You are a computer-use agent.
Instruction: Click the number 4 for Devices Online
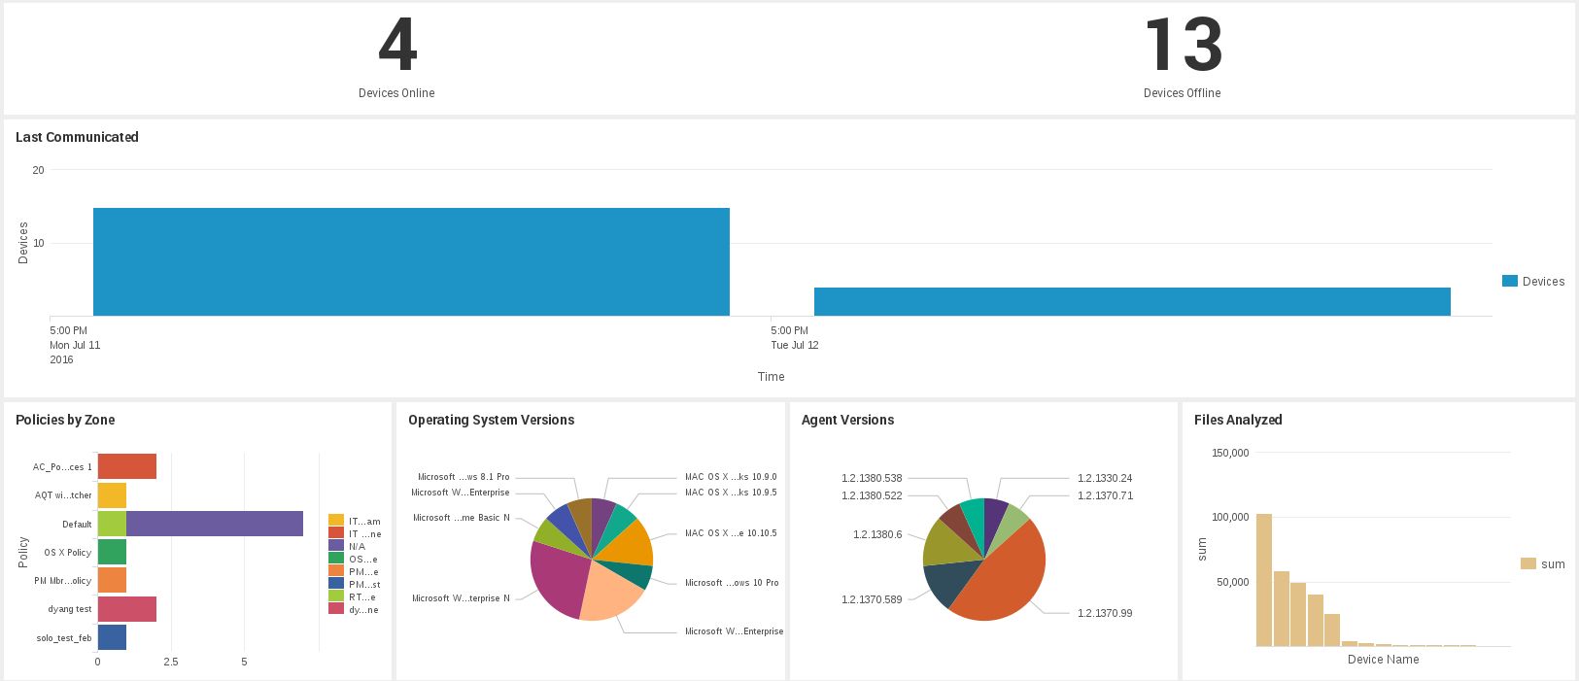(x=397, y=46)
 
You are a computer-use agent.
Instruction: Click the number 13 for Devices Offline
(x=1183, y=46)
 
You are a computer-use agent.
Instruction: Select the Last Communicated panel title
(x=77, y=137)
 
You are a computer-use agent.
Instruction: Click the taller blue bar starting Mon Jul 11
(x=411, y=262)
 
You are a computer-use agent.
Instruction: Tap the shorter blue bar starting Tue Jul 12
(x=1132, y=302)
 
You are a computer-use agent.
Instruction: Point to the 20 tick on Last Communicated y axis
(x=38, y=170)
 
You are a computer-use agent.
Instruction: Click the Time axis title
(x=771, y=377)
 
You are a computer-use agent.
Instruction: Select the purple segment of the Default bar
(x=214, y=524)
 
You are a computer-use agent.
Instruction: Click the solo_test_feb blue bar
(x=112, y=637)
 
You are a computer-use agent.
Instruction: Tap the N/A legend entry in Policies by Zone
(x=357, y=547)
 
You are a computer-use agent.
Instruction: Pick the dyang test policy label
(x=70, y=609)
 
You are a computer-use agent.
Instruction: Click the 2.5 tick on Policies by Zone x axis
(x=171, y=662)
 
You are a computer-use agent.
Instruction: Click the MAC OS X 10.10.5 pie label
(x=731, y=533)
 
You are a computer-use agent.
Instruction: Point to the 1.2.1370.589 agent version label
(x=872, y=599)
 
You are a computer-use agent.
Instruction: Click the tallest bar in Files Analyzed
(x=1263, y=580)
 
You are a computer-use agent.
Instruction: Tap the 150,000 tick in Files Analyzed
(x=1229, y=453)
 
